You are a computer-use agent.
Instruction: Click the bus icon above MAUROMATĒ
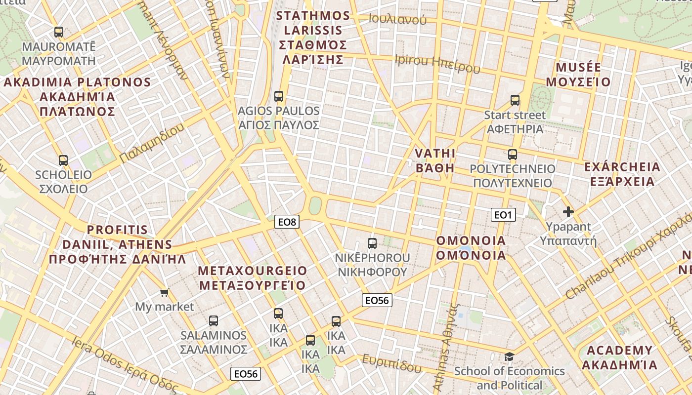pos(59,32)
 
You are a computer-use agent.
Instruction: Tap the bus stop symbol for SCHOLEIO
pos(63,160)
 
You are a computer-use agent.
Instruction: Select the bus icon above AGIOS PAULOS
pos(279,96)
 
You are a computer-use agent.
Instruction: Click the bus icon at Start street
pos(515,100)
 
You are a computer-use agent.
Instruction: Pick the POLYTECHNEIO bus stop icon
pos(513,154)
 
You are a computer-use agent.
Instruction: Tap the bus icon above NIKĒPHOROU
pos(372,243)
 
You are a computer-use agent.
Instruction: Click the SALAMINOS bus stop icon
pos(214,321)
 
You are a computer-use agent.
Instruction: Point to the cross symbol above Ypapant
pos(568,212)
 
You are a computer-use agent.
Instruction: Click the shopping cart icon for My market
pos(165,292)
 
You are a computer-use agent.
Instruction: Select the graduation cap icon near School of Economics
pos(509,356)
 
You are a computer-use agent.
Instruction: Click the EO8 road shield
pos(287,222)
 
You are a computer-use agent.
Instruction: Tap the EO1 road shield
pos(503,215)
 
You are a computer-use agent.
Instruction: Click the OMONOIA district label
pos(471,248)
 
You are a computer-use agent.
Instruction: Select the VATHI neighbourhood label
pos(435,160)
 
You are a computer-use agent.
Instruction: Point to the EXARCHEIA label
pos(622,174)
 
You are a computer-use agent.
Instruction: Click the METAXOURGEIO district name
pos(253,278)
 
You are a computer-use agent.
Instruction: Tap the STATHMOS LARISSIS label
pos(313,38)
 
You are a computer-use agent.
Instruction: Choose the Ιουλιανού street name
pos(397,19)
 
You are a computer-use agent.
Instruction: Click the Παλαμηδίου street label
pos(152,143)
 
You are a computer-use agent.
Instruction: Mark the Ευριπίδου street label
pos(392,363)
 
